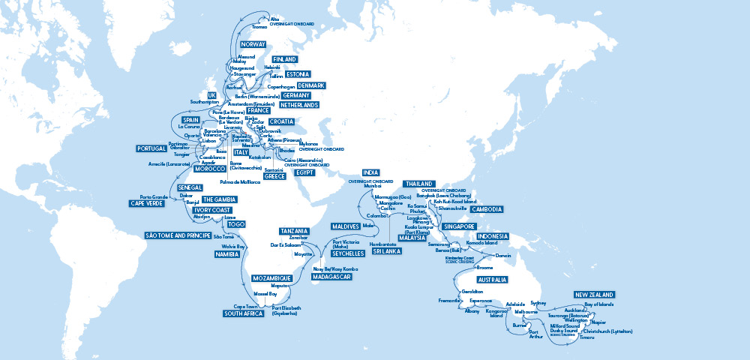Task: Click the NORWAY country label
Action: coord(254,45)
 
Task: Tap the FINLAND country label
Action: coord(284,59)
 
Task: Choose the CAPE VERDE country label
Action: coord(147,203)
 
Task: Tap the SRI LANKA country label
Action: coord(387,251)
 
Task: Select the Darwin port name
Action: coord(503,256)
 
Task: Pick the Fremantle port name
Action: coord(449,300)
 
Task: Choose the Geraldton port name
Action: coord(472,290)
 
